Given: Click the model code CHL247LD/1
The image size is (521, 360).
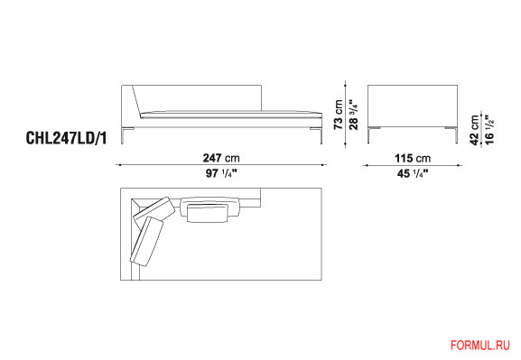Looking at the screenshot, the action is (x=67, y=138).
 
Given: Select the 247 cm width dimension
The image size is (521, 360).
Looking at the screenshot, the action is (x=221, y=158).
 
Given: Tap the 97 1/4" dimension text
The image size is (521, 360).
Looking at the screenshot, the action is (x=221, y=173).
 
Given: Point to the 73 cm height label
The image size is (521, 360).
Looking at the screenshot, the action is (x=339, y=115).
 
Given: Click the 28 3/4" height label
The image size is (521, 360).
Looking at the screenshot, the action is (x=353, y=114).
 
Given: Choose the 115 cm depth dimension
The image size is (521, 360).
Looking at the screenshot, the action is (x=413, y=158).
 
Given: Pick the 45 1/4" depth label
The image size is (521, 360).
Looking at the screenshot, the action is (x=413, y=173).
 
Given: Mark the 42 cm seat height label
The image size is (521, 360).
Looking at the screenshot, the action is (x=475, y=130).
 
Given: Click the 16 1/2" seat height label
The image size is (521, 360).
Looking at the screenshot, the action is (x=489, y=130).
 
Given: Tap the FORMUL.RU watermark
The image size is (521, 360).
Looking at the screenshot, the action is (x=480, y=346).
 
